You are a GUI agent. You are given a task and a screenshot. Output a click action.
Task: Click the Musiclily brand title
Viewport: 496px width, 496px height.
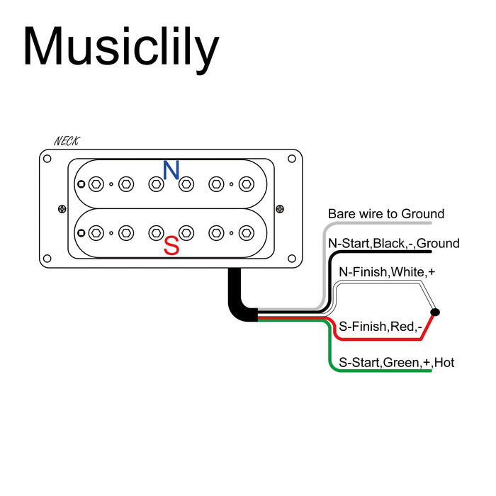pos(120,48)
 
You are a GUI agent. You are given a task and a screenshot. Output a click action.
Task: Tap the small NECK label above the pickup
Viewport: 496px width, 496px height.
pos(67,142)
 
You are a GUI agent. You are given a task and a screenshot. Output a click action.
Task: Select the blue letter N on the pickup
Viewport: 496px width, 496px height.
pos(171,170)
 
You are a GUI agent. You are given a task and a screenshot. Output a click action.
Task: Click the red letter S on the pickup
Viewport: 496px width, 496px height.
pos(171,247)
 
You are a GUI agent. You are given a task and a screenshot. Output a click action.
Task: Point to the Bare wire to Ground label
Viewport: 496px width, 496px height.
pos(386,214)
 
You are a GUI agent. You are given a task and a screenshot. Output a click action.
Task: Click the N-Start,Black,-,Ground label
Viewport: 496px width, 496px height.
pos(394,244)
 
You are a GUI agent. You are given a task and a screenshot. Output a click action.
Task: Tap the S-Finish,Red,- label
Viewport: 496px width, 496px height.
pos(381,327)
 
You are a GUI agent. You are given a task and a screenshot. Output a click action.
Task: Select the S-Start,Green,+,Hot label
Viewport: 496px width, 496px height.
pos(396,363)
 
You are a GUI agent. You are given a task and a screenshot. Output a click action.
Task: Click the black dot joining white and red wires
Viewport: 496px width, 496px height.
pos(435,312)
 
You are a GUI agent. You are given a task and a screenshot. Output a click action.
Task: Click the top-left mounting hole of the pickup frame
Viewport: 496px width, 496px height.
pos(47,159)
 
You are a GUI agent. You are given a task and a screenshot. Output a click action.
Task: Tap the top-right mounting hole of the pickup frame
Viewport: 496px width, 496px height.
pos(295,159)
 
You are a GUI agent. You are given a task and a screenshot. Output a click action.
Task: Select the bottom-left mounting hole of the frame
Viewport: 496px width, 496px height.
pos(47,258)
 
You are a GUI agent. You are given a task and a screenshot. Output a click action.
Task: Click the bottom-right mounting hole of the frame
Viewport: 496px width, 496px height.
pos(295,258)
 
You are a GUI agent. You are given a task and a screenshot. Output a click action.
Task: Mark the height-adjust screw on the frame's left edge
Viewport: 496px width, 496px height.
pos(62,208)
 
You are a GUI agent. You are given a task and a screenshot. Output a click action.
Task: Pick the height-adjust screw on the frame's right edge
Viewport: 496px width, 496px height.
pos(279,208)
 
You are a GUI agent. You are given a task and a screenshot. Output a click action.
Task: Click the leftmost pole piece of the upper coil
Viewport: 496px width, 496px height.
pos(96,184)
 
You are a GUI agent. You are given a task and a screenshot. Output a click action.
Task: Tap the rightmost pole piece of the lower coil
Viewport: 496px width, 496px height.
pos(247,232)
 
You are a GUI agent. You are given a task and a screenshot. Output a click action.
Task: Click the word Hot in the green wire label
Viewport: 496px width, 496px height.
pos(444,363)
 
